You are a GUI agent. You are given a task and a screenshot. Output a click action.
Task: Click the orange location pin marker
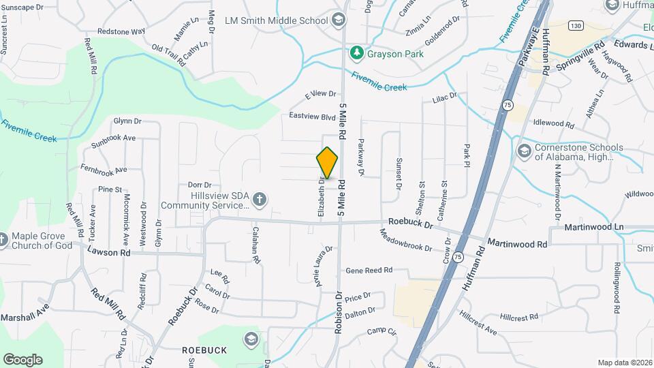click(328, 164)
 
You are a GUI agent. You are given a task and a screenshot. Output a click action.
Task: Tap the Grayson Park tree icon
click(356, 52)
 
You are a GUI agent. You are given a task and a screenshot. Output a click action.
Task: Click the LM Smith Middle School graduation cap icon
click(338, 20)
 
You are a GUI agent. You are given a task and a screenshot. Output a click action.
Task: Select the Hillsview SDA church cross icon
click(258, 200)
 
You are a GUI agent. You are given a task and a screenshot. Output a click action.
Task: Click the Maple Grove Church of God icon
click(3, 240)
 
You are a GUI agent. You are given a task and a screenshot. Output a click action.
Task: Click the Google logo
click(22, 359)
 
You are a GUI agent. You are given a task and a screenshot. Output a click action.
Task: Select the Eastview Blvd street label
click(313, 117)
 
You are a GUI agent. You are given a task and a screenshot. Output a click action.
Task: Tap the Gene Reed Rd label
click(370, 271)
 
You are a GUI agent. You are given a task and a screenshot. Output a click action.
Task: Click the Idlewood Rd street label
click(554, 123)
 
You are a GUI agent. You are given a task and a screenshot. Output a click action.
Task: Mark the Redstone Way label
click(121, 31)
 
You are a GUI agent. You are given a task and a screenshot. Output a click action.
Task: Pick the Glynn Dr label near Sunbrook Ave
click(127, 121)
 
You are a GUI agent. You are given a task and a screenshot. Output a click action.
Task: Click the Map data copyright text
click(624, 363)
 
